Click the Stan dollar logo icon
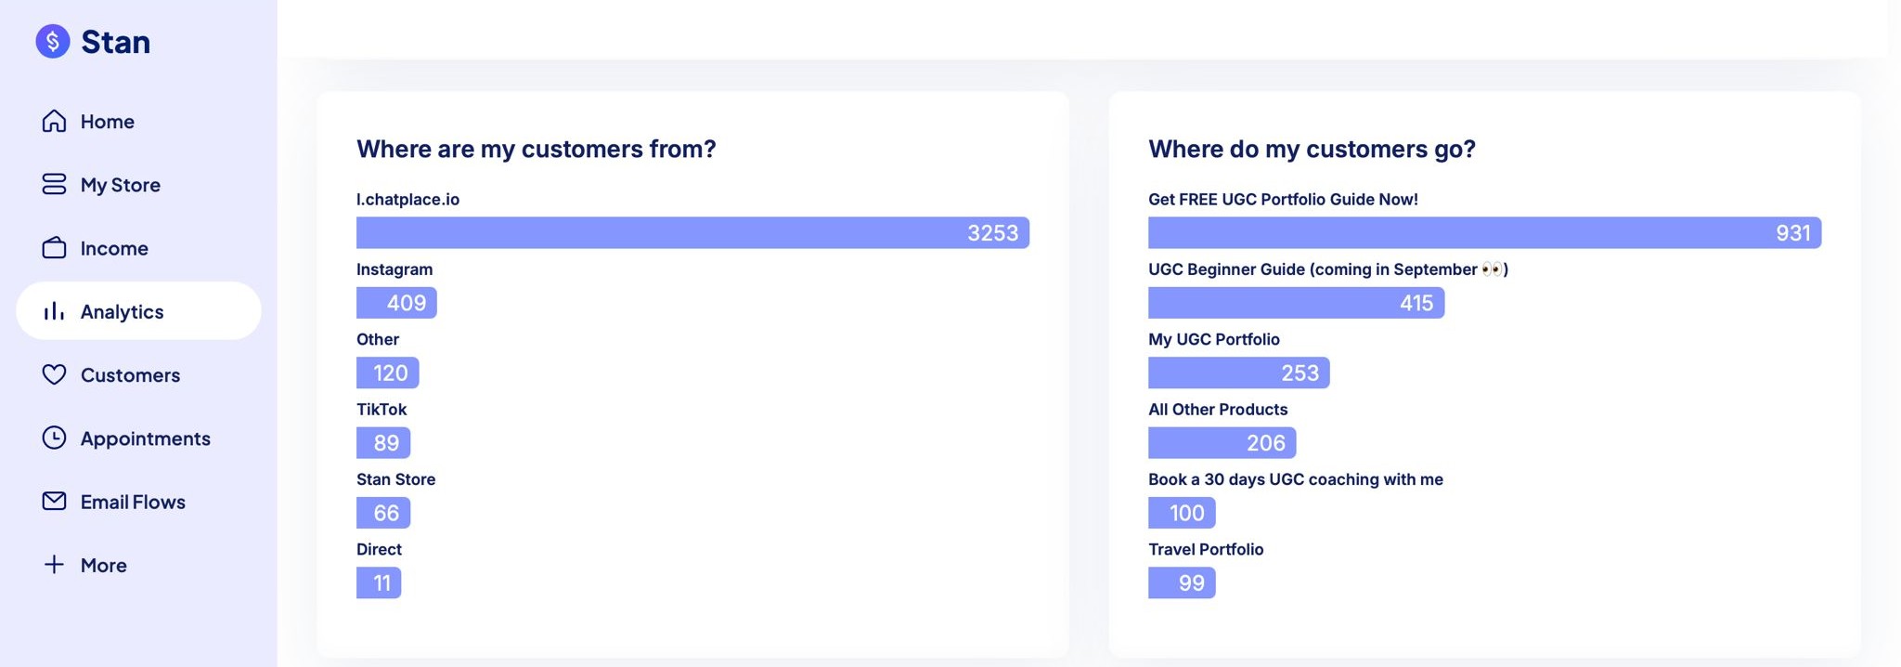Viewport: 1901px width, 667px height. click(53, 41)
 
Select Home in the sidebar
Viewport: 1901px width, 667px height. click(107, 122)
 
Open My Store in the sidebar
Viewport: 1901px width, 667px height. click(120, 185)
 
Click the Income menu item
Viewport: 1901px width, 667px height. click(113, 248)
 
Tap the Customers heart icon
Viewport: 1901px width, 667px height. click(54, 374)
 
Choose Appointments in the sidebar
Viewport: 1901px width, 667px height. click(145, 438)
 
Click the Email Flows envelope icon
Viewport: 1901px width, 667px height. click(54, 502)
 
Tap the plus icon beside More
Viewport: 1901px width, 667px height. click(54, 565)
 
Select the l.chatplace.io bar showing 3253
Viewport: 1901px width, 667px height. click(692, 233)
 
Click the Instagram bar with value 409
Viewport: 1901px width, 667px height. click(396, 303)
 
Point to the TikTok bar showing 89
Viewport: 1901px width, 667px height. click(383, 443)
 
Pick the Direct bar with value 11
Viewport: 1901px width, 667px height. click(379, 583)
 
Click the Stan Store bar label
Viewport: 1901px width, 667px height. click(395, 479)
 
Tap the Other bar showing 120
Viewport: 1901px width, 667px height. click(387, 373)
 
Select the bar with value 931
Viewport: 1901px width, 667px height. click(1484, 233)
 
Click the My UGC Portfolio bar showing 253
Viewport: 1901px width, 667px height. click(1238, 373)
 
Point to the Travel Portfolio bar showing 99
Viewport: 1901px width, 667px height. click(1182, 583)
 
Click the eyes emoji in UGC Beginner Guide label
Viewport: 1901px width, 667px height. click(1493, 269)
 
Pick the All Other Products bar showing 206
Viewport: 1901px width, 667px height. click(1222, 443)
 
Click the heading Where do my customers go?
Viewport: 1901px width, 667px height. click(1312, 150)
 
